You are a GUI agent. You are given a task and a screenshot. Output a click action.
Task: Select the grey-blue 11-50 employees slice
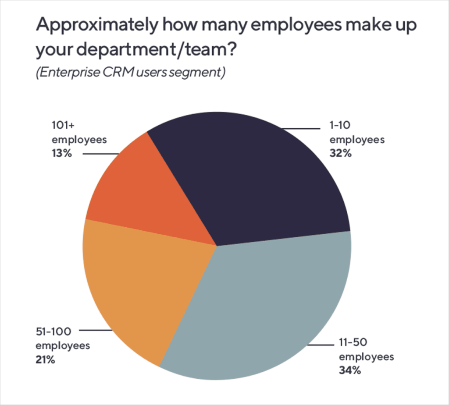tap(263, 306)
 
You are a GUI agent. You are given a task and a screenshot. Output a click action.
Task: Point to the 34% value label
tap(349, 370)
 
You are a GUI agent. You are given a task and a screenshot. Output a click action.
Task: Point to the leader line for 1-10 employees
tap(303, 129)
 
